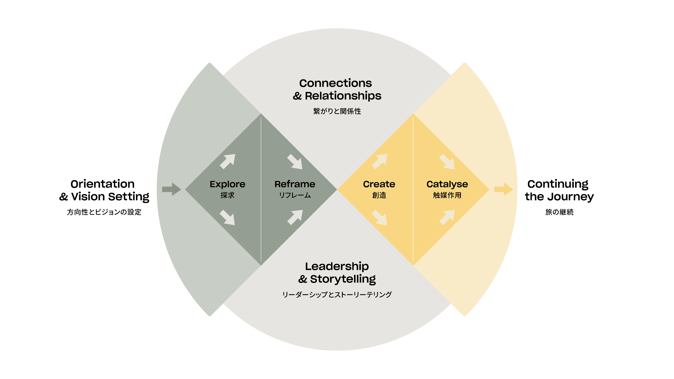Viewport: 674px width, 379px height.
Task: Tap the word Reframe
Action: coord(295,184)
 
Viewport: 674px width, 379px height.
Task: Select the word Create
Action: coord(379,184)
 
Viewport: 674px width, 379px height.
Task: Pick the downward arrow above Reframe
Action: coord(295,161)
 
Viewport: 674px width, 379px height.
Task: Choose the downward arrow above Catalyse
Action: coord(447,161)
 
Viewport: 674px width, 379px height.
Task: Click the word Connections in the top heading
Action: coord(335,83)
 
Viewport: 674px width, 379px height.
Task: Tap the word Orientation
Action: coord(103,184)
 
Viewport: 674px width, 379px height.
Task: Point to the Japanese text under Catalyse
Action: coord(447,195)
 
